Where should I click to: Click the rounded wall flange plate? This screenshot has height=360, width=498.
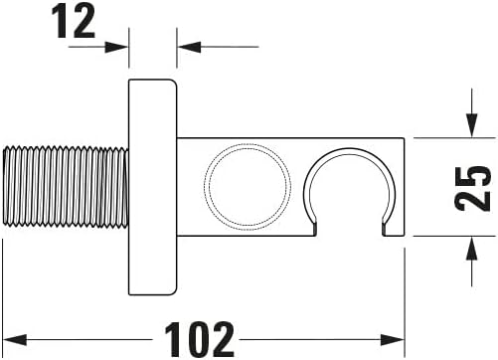point(153,186)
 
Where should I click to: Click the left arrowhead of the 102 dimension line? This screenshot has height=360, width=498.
point(11,337)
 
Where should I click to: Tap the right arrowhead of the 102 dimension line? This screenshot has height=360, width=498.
point(398,337)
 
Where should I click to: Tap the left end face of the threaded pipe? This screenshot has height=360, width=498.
point(4,186)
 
